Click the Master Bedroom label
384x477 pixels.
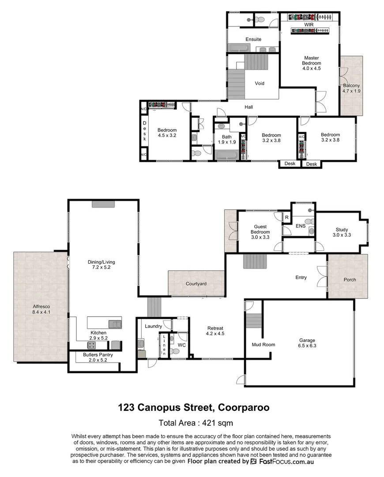tap(311, 63)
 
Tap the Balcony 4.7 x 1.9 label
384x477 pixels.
tap(351, 88)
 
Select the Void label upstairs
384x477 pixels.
tap(260, 83)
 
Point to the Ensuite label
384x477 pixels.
tap(253, 39)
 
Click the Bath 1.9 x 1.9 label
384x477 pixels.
tap(226, 140)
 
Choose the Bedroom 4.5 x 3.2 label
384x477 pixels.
tap(167, 133)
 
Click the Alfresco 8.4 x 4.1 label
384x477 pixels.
tap(42, 309)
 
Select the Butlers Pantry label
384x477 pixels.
tap(98, 357)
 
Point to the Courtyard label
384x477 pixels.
tap(196, 284)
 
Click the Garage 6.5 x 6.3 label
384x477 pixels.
tap(307, 343)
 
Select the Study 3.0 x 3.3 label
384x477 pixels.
tap(342, 232)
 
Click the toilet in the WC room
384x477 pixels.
tap(175, 351)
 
